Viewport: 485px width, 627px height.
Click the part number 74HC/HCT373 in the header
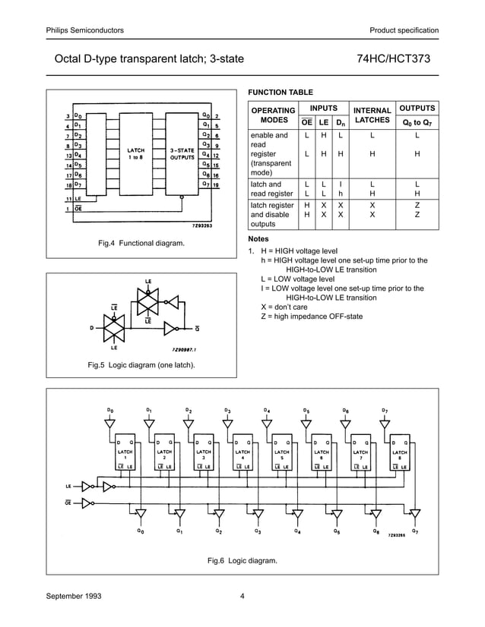[x=398, y=58]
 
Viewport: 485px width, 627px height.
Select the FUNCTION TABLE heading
[x=280, y=93]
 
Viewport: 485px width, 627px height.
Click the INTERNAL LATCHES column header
[x=372, y=115]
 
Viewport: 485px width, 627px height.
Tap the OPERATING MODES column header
[x=273, y=115]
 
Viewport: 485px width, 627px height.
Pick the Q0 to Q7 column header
[x=417, y=122]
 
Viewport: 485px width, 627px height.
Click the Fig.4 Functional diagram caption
[x=141, y=243]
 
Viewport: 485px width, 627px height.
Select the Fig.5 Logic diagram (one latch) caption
[x=141, y=366]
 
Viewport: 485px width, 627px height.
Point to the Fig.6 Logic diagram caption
[x=242, y=561]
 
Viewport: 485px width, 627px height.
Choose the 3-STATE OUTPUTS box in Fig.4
[x=182, y=153]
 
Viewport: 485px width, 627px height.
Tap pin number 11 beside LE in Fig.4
[x=68, y=198]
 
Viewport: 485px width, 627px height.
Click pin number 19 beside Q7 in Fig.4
[x=217, y=184]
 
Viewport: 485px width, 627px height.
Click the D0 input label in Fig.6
[x=111, y=411]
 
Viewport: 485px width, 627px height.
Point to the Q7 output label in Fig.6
[x=414, y=531]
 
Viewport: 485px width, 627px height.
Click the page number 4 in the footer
[x=242, y=596]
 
